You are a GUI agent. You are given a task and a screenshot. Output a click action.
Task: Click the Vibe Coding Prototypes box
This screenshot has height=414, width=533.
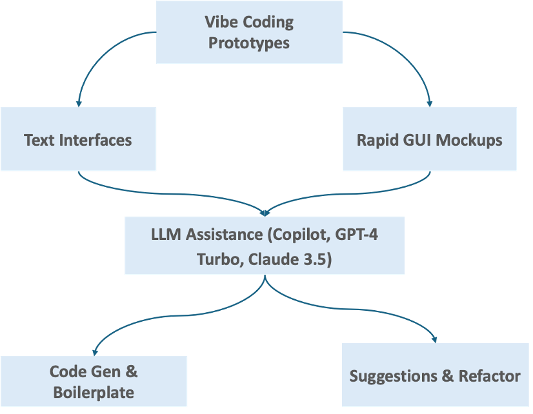pyautogui.click(x=249, y=32)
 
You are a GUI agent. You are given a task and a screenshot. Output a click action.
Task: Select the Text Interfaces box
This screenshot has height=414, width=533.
pyautogui.click(x=78, y=139)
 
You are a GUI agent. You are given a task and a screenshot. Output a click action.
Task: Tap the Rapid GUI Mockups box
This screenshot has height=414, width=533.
pyautogui.click(x=429, y=139)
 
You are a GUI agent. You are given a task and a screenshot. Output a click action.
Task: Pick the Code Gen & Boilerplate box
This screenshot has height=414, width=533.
pyautogui.click(x=94, y=382)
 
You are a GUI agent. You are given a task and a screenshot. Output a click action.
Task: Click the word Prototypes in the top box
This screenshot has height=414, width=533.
pyautogui.click(x=249, y=44)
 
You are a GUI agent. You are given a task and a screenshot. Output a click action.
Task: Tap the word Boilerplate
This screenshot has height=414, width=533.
pyautogui.click(x=94, y=392)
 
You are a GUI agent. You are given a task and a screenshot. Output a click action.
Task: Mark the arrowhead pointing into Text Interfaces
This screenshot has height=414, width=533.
pyautogui.click(x=79, y=103)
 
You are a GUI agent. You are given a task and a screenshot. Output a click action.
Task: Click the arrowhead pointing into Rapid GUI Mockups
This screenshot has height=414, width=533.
pyautogui.click(x=430, y=103)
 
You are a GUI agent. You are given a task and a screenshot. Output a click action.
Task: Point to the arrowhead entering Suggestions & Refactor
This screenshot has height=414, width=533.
pyautogui.click(x=437, y=339)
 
